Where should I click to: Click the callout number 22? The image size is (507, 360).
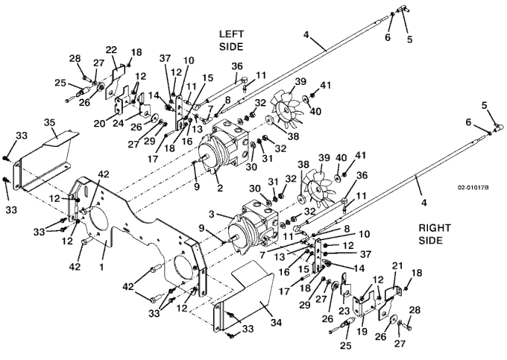(x=111, y=50)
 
